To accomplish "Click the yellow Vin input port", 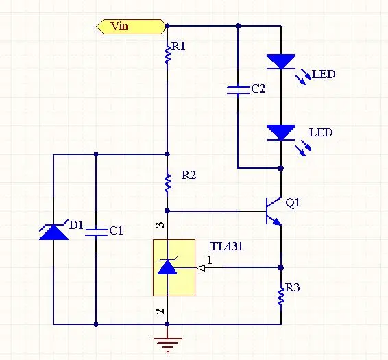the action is point(132,26).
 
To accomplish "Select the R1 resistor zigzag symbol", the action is point(167,54).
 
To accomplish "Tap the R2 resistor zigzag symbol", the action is point(167,182).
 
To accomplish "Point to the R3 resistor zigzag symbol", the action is point(281,296).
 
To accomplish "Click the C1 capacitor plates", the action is point(96,232).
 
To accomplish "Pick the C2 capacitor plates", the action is point(239,91).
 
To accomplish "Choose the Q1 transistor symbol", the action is point(274,211).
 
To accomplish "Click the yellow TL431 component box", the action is point(174,267).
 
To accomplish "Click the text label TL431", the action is point(226,246).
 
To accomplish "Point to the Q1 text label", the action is point(293,203).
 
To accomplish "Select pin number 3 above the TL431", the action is point(161,225).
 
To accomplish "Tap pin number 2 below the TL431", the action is point(160,311).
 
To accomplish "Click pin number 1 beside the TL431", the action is point(210,260).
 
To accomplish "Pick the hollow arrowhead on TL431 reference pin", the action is point(200,268).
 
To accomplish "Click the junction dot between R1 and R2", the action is point(167,154).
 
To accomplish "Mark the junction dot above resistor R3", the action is point(281,267).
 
